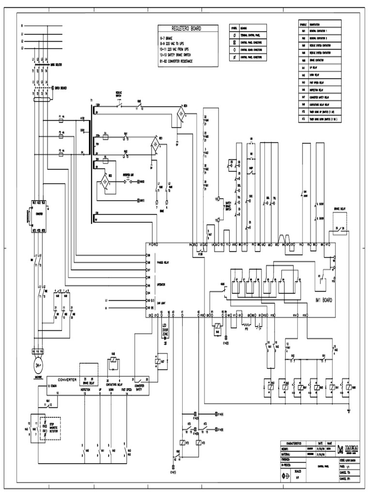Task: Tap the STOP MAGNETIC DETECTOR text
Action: point(52,424)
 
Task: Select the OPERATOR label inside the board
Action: point(161,284)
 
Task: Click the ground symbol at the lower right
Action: point(349,411)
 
